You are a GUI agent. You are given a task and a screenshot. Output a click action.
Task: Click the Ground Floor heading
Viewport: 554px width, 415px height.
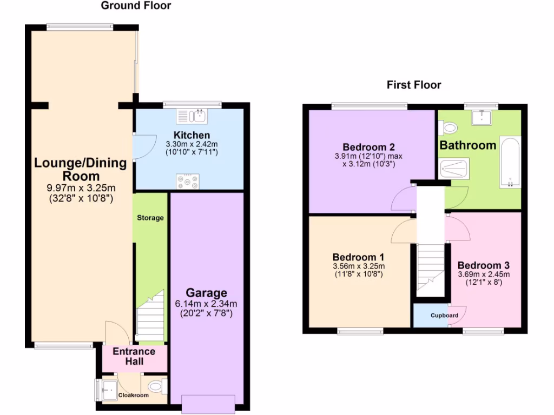(136, 6)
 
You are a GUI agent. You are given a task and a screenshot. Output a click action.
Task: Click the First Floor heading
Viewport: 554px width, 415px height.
(414, 85)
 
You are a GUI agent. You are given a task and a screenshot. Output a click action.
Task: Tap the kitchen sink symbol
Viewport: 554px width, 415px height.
(192, 116)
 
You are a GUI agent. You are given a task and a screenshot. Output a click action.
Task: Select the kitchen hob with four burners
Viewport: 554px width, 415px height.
(187, 182)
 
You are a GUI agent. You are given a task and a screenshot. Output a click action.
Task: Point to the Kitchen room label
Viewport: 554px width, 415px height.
(192, 135)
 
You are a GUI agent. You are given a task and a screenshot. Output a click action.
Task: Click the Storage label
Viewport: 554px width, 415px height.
(150, 218)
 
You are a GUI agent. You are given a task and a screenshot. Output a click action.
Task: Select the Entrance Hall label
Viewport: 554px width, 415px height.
(134, 356)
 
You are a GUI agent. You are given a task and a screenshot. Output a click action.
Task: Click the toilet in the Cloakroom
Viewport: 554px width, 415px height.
(156, 386)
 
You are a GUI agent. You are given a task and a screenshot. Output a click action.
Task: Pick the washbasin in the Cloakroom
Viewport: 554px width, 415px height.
(108, 387)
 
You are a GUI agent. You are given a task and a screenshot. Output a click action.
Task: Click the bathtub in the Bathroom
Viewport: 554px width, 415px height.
(510, 162)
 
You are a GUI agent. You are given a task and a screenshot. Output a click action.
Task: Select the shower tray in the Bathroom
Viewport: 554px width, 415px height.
(454, 168)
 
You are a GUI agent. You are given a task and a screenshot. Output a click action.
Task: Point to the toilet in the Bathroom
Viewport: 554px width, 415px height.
(447, 128)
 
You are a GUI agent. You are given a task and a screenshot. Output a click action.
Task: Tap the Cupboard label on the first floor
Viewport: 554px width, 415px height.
(445, 316)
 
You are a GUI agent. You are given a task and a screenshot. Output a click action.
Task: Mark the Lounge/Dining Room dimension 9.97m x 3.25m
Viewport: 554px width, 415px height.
(81, 188)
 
